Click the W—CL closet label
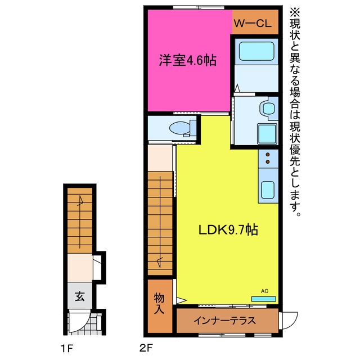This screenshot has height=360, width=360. point(253,24)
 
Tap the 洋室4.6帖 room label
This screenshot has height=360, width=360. point(187,60)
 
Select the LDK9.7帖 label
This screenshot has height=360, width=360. point(228,229)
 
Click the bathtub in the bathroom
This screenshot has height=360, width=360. point(256,51)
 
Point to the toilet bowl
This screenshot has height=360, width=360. point(180,128)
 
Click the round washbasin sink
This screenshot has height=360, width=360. point(268,108)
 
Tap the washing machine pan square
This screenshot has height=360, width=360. point(267,134)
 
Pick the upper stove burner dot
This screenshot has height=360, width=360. point(268,155)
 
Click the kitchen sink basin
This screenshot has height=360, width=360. point(268,190)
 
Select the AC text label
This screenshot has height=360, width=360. point(264,291)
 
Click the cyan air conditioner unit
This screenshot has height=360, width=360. point(264,299)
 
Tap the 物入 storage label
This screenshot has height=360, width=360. point(159,303)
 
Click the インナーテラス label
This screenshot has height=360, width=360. point(224,321)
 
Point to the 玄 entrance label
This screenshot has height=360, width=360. point(80,296)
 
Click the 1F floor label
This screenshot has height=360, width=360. point(67,349)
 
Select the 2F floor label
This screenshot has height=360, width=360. point(146,349)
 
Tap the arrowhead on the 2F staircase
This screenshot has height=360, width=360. point(160,262)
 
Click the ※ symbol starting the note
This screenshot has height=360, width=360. point(295,12)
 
